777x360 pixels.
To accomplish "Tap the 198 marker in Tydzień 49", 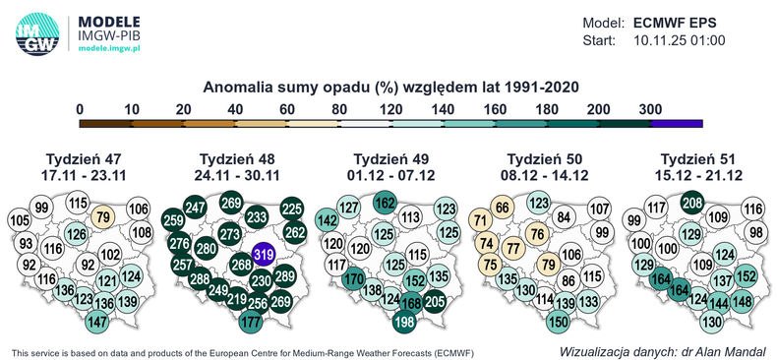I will tap(403, 321).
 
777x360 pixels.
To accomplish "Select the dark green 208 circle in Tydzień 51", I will tap(692, 204).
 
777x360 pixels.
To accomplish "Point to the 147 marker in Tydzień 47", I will tap(96, 322).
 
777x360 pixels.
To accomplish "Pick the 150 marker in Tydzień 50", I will tap(559, 321).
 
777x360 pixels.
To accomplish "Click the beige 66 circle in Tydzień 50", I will tap(503, 208).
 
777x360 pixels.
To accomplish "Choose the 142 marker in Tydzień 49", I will tap(326, 221).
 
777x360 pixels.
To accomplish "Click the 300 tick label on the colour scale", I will tap(650, 108).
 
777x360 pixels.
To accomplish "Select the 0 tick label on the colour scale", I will tap(80, 108).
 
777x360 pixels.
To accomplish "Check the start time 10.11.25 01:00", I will tap(679, 40).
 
